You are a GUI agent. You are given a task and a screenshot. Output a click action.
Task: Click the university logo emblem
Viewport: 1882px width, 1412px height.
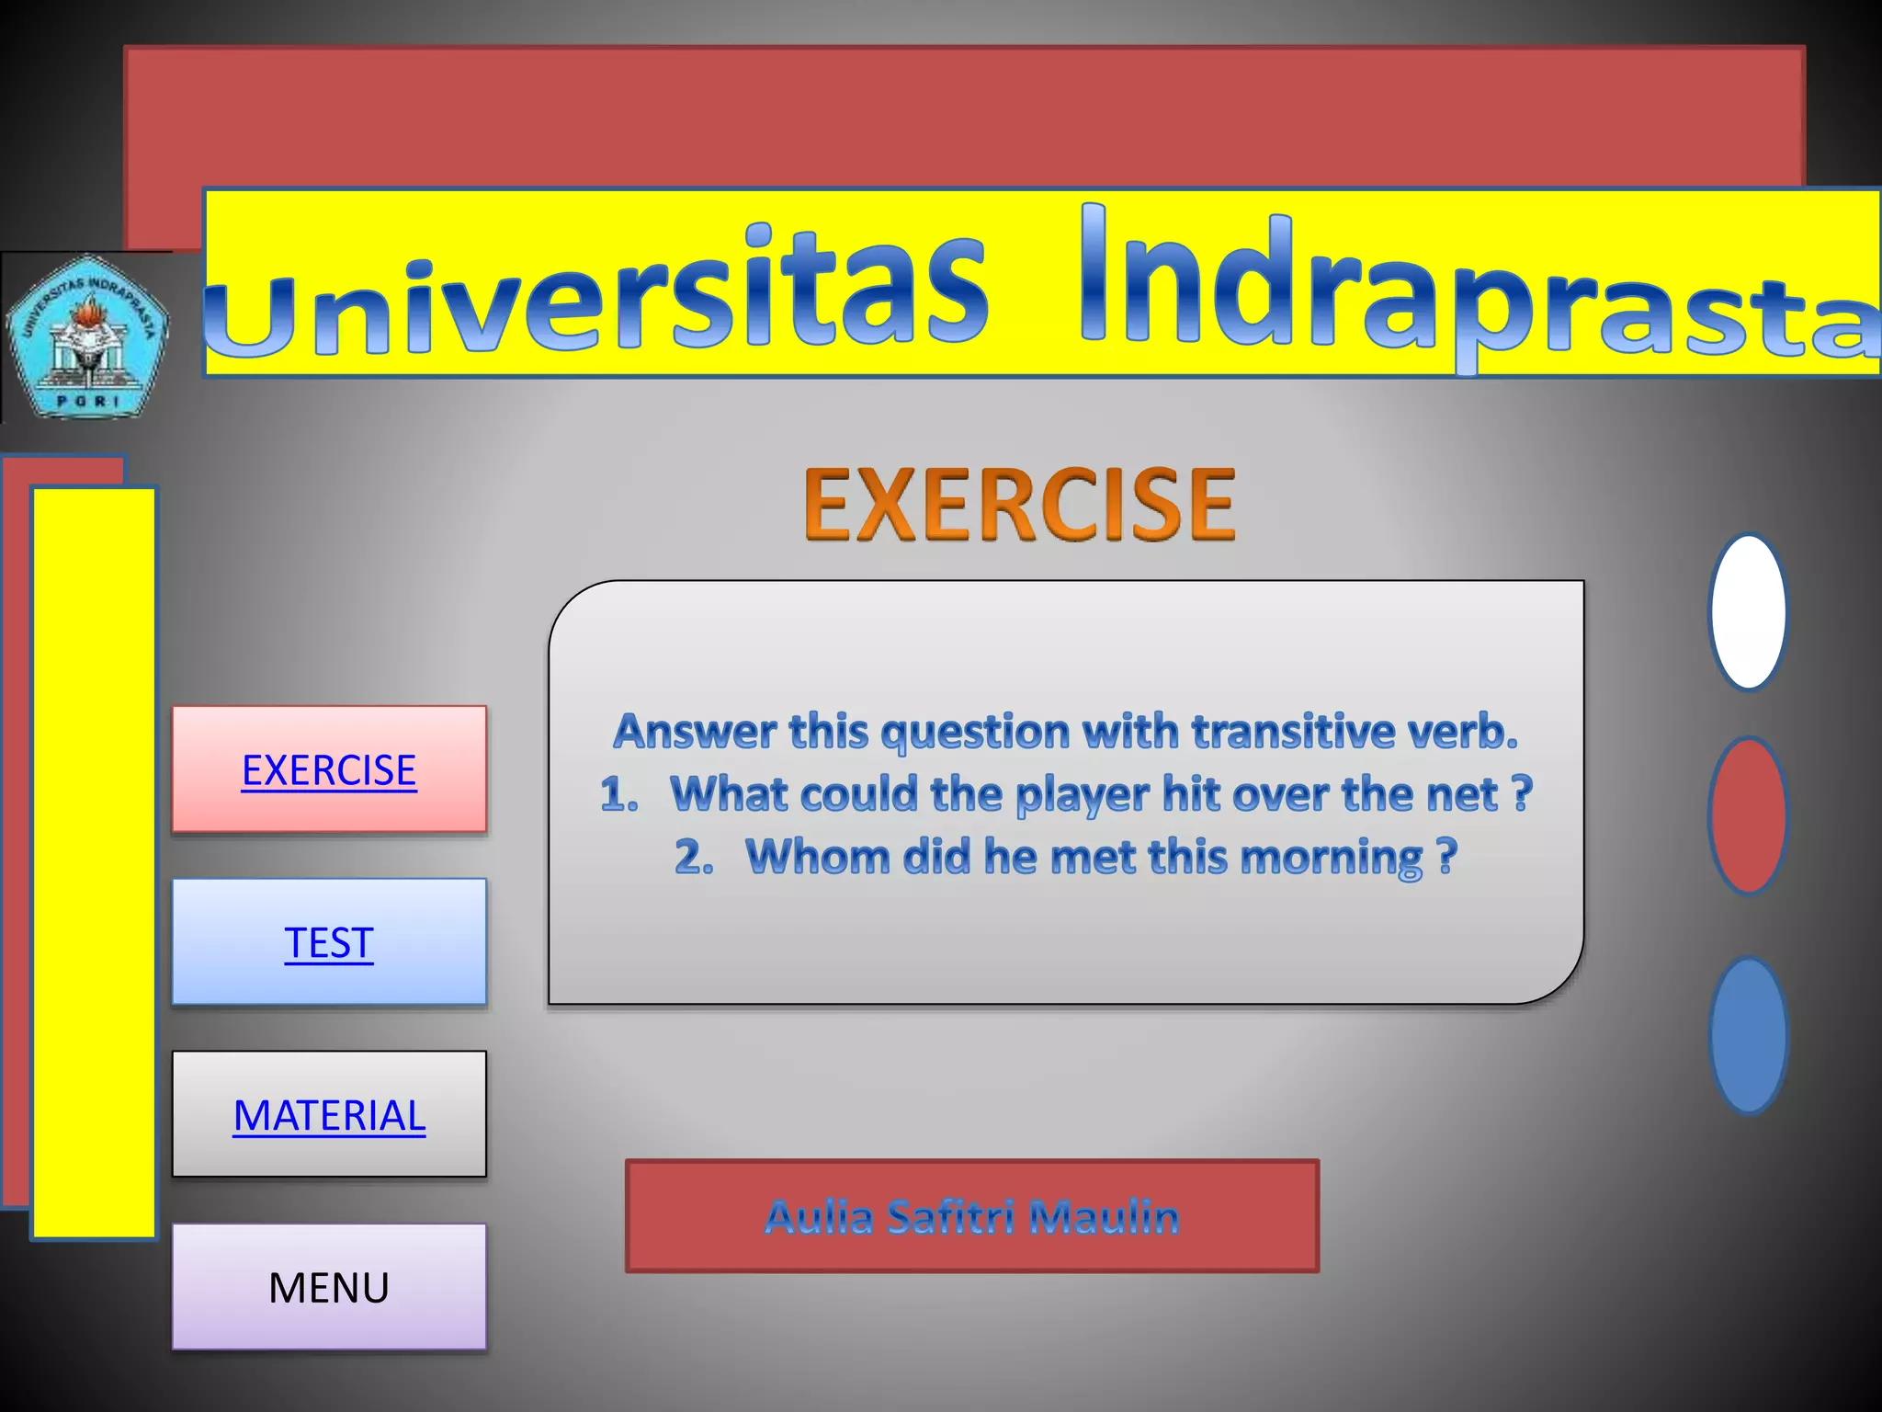pos(87,336)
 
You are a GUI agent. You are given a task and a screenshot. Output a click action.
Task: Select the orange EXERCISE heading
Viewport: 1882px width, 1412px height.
pos(1019,503)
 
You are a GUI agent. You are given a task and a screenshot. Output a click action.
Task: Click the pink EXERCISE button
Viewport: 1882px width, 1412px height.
pos(329,769)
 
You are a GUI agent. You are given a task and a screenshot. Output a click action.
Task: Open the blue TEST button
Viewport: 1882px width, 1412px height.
pos(329,942)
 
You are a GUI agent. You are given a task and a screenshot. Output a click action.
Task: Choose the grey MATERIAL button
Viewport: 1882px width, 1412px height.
pos(329,1115)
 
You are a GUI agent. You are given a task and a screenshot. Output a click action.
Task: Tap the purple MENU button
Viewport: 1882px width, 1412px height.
pos(329,1287)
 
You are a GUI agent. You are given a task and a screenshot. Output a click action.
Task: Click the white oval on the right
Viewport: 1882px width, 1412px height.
pos(1748,612)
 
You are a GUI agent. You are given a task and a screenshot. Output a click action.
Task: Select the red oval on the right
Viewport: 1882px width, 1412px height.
pos(1748,815)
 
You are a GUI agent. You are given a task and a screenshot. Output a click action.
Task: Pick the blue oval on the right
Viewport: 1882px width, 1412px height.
pos(1748,1036)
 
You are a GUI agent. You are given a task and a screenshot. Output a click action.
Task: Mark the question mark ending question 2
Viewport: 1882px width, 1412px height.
pos(1446,856)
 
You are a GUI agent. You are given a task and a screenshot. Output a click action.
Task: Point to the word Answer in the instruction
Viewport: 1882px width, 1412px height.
pos(695,732)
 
